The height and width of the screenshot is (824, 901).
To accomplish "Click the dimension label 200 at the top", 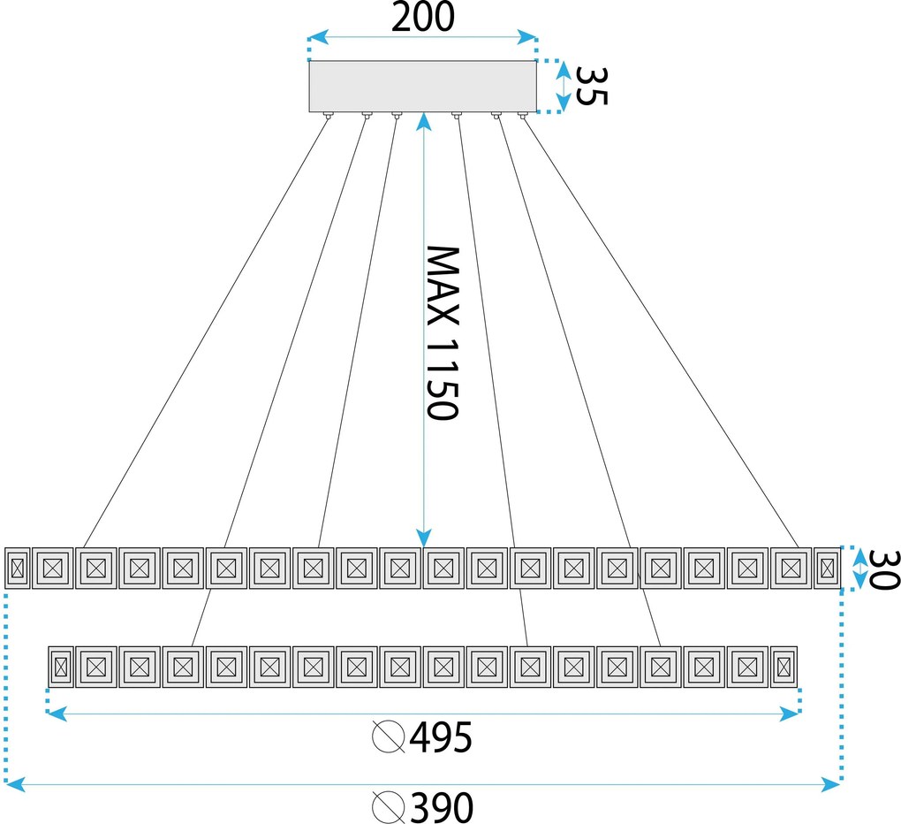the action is click(x=423, y=17).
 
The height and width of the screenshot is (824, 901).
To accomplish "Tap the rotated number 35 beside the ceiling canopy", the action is click(x=591, y=86).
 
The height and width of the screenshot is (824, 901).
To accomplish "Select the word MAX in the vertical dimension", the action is click(x=443, y=286).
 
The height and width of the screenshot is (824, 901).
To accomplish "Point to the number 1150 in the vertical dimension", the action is click(x=443, y=378).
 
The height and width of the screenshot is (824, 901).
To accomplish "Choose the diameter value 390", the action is click(x=443, y=807).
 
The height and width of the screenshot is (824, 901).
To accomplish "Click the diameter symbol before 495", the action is click(x=389, y=736).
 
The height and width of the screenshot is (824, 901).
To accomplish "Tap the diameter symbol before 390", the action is click(x=389, y=807).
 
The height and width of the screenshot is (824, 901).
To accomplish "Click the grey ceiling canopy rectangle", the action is click(x=423, y=87).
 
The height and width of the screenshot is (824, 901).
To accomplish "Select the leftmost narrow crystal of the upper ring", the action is click(x=18, y=568).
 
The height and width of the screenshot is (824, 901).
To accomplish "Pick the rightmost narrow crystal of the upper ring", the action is click(x=828, y=568).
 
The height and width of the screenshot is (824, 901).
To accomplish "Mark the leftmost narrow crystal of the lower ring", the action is click(x=61, y=667).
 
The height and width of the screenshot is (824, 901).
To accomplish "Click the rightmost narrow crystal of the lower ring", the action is click(x=784, y=667).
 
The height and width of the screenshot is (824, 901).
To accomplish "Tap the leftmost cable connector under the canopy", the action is click(x=328, y=116).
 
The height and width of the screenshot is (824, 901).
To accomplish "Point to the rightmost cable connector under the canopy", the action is click(x=522, y=116).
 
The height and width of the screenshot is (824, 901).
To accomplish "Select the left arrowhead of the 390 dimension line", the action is click(x=15, y=784).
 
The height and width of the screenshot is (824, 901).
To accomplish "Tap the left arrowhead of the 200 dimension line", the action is click(x=319, y=37).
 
